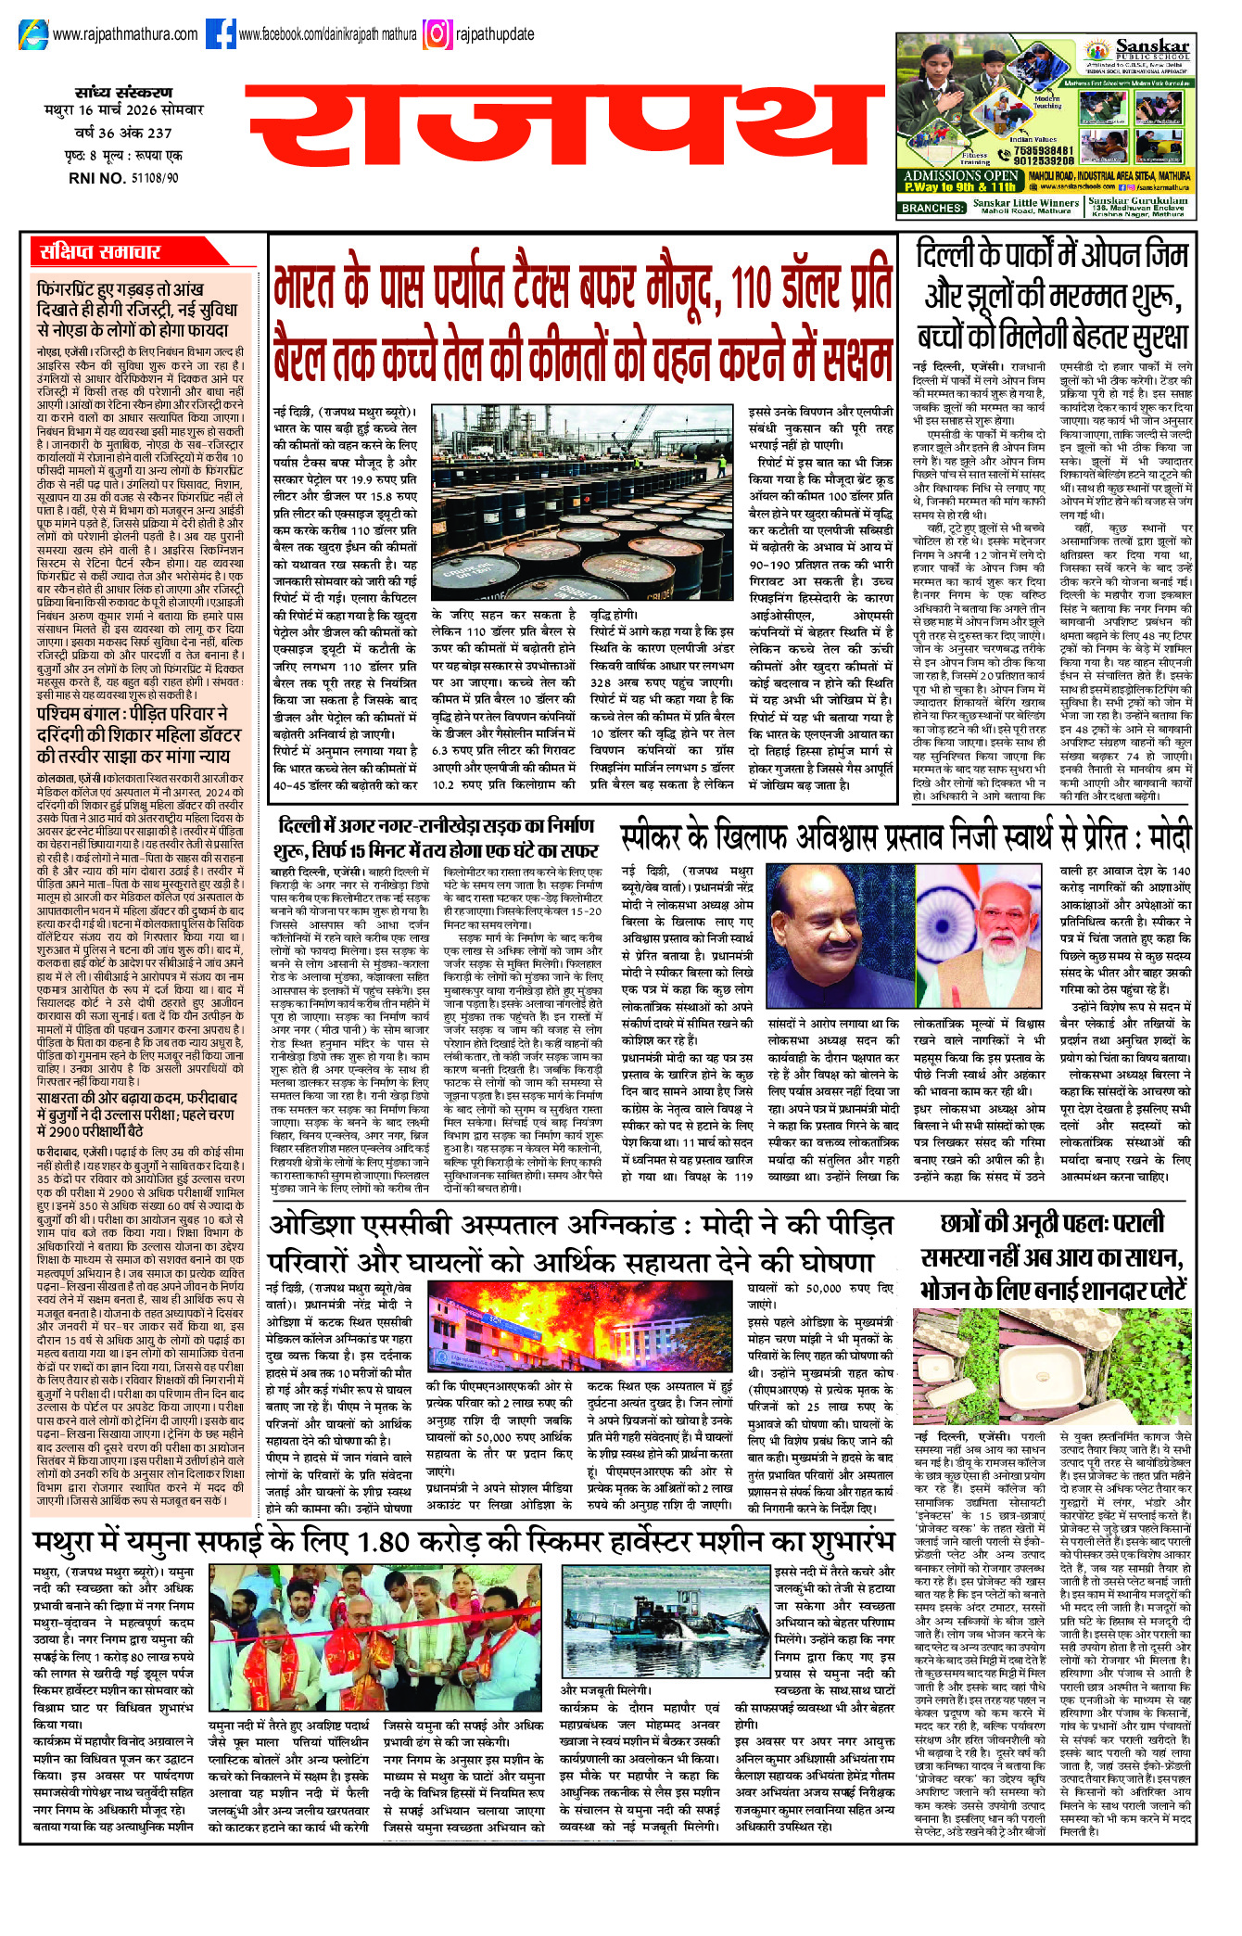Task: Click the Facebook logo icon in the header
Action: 221,34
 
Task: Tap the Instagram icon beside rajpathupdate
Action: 437,34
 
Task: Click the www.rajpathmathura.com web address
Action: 125,34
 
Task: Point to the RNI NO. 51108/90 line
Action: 124,178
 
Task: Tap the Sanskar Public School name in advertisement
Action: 1152,47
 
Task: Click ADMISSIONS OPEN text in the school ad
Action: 960,175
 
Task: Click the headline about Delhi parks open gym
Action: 1052,296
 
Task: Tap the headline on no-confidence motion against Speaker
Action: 905,839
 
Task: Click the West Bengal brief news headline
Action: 132,733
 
